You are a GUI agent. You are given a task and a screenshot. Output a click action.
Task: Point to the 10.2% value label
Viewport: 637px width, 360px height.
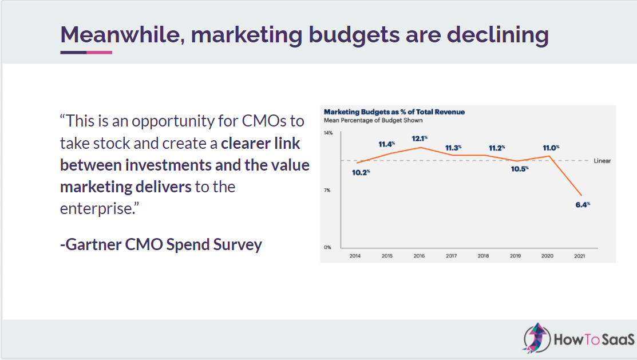[361, 172]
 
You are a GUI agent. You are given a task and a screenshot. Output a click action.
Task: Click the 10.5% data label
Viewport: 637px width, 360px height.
[520, 168]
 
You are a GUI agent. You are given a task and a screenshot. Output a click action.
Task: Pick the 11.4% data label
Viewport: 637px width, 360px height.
[387, 144]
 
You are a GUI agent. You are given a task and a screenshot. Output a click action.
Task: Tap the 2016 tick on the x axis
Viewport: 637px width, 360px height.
[419, 256]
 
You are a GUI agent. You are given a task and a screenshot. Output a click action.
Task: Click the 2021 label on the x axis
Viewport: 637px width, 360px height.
[579, 256]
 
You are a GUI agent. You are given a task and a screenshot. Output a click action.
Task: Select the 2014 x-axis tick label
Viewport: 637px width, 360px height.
[355, 256]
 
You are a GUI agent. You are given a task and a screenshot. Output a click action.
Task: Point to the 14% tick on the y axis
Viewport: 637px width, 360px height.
[328, 133]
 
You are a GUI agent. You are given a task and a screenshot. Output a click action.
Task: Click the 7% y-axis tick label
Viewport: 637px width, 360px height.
[328, 190]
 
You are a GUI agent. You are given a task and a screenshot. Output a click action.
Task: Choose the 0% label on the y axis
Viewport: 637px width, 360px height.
[328, 247]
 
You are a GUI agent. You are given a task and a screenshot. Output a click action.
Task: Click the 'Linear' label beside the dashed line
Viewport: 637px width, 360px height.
[602, 161]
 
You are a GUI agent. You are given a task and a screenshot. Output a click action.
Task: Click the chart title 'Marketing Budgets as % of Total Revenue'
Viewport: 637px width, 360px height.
[394, 112]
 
